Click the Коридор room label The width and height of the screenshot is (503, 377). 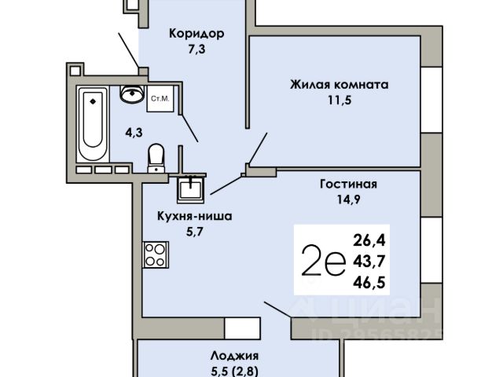pyautogui.click(x=196, y=34)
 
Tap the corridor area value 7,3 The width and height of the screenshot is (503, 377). pyautogui.click(x=196, y=49)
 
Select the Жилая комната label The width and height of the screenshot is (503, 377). pyautogui.click(x=339, y=85)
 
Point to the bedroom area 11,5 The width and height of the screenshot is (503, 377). pyautogui.click(x=340, y=101)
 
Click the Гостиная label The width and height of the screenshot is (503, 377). pyautogui.click(x=348, y=184)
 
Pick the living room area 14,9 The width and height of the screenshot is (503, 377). pyautogui.click(x=348, y=199)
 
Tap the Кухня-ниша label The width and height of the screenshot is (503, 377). pyautogui.click(x=194, y=216)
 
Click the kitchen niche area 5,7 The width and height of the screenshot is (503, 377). pyautogui.click(x=195, y=232)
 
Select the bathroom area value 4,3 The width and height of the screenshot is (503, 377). pyautogui.click(x=134, y=133)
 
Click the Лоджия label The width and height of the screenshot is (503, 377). pyautogui.click(x=234, y=356)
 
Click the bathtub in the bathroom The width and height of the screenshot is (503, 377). pyautogui.click(x=93, y=125)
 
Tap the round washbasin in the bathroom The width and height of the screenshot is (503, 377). pyautogui.click(x=132, y=93)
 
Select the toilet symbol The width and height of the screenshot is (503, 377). pyautogui.click(x=156, y=158)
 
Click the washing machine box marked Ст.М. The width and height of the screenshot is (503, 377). pyautogui.click(x=160, y=99)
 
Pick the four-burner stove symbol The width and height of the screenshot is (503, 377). pyautogui.click(x=156, y=254)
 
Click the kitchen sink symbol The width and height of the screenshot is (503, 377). pyautogui.click(x=190, y=189)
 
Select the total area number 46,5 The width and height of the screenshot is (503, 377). pyautogui.click(x=369, y=283)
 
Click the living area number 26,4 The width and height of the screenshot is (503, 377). pyautogui.click(x=369, y=240)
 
